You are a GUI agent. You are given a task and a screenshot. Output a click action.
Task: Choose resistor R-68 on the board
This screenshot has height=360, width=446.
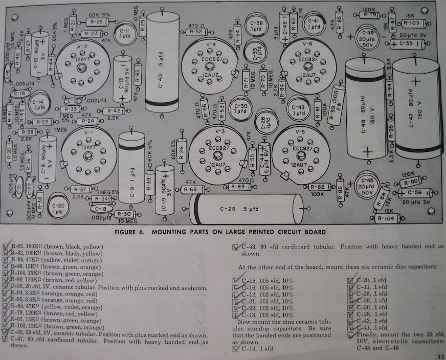click(x=189, y=190)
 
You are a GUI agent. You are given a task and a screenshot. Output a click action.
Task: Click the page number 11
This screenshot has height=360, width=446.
click(x=439, y=356)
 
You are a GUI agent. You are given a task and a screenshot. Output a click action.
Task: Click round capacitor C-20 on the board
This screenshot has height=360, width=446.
click(x=59, y=208)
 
